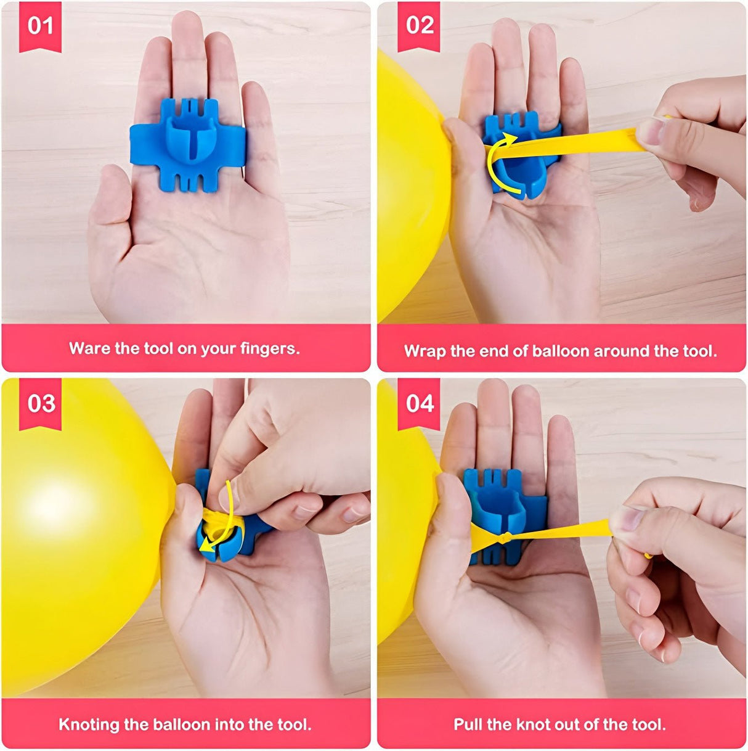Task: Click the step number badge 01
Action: [40, 26]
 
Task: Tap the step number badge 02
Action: [419, 26]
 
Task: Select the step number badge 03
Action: [40, 404]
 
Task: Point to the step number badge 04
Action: [419, 404]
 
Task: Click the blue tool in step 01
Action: [188, 145]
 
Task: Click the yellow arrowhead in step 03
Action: [206, 548]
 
